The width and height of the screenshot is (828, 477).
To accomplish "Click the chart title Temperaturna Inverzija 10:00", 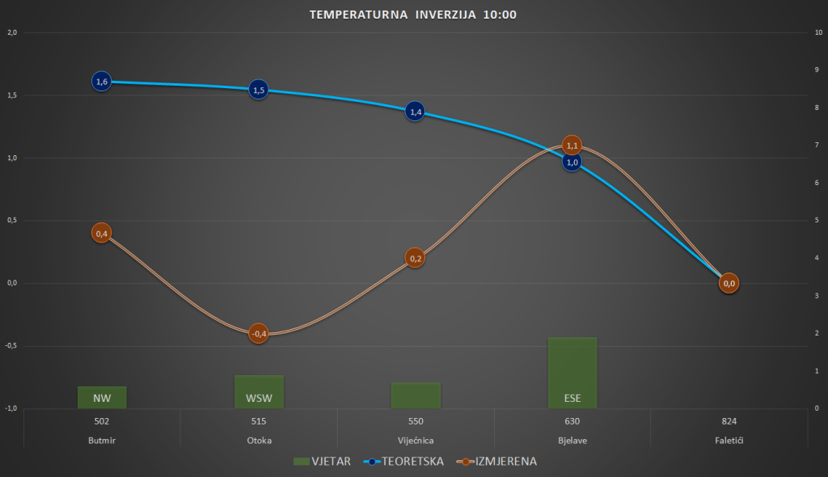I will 413,15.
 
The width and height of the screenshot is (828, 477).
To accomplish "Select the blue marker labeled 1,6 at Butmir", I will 102,82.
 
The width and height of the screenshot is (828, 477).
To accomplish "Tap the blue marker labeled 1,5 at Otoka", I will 259,90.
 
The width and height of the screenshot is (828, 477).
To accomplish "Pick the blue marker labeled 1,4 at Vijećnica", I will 415,112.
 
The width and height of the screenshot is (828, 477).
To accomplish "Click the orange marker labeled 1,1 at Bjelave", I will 572,146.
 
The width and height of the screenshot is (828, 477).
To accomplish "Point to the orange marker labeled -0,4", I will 259,333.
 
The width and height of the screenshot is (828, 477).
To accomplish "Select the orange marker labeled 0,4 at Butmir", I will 102,234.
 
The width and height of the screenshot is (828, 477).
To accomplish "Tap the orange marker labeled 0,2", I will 415,259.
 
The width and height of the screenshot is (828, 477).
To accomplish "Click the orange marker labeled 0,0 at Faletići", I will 729,283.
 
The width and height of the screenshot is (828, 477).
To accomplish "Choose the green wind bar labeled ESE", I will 572,373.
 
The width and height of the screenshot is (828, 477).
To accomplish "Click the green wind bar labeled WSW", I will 259,392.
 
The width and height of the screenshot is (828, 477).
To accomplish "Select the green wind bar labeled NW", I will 102,398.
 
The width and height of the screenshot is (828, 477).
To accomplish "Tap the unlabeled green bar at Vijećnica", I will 415,395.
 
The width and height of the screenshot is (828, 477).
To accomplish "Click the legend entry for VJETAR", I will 323,462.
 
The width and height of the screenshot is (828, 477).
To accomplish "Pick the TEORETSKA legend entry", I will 408,462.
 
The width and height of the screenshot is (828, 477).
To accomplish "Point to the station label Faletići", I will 729,441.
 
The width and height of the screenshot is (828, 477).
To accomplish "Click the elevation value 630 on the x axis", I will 572,421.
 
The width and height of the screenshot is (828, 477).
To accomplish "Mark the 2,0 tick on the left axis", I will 12,33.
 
